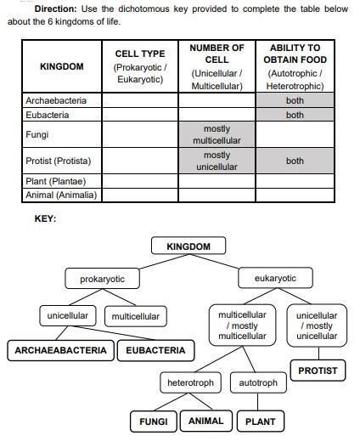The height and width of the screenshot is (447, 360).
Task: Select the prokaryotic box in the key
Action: point(102,279)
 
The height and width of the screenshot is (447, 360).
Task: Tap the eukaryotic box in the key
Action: point(275,279)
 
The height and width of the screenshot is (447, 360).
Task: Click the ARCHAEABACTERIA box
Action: point(61,350)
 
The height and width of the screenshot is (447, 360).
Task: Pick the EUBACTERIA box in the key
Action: point(155,350)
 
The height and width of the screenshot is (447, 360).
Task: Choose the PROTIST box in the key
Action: point(318,371)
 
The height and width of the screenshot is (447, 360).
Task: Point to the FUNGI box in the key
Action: point(154,421)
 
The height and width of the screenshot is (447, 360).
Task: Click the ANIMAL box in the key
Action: point(205,421)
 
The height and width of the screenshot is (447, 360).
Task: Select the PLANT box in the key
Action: point(261,421)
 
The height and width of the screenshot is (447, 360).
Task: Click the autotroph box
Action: point(258,383)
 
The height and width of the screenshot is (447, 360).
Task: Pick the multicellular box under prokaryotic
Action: point(135,316)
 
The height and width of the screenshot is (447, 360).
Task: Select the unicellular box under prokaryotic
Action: point(69,316)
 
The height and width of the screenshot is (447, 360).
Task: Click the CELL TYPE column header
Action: point(140,66)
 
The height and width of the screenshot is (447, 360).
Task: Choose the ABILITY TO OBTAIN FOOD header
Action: point(295,66)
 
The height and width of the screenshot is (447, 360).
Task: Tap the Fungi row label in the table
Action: point(37,134)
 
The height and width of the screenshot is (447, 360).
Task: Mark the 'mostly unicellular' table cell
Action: point(217,161)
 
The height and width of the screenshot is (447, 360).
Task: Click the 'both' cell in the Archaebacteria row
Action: point(295,100)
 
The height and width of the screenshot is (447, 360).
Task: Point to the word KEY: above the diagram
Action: point(45,219)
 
